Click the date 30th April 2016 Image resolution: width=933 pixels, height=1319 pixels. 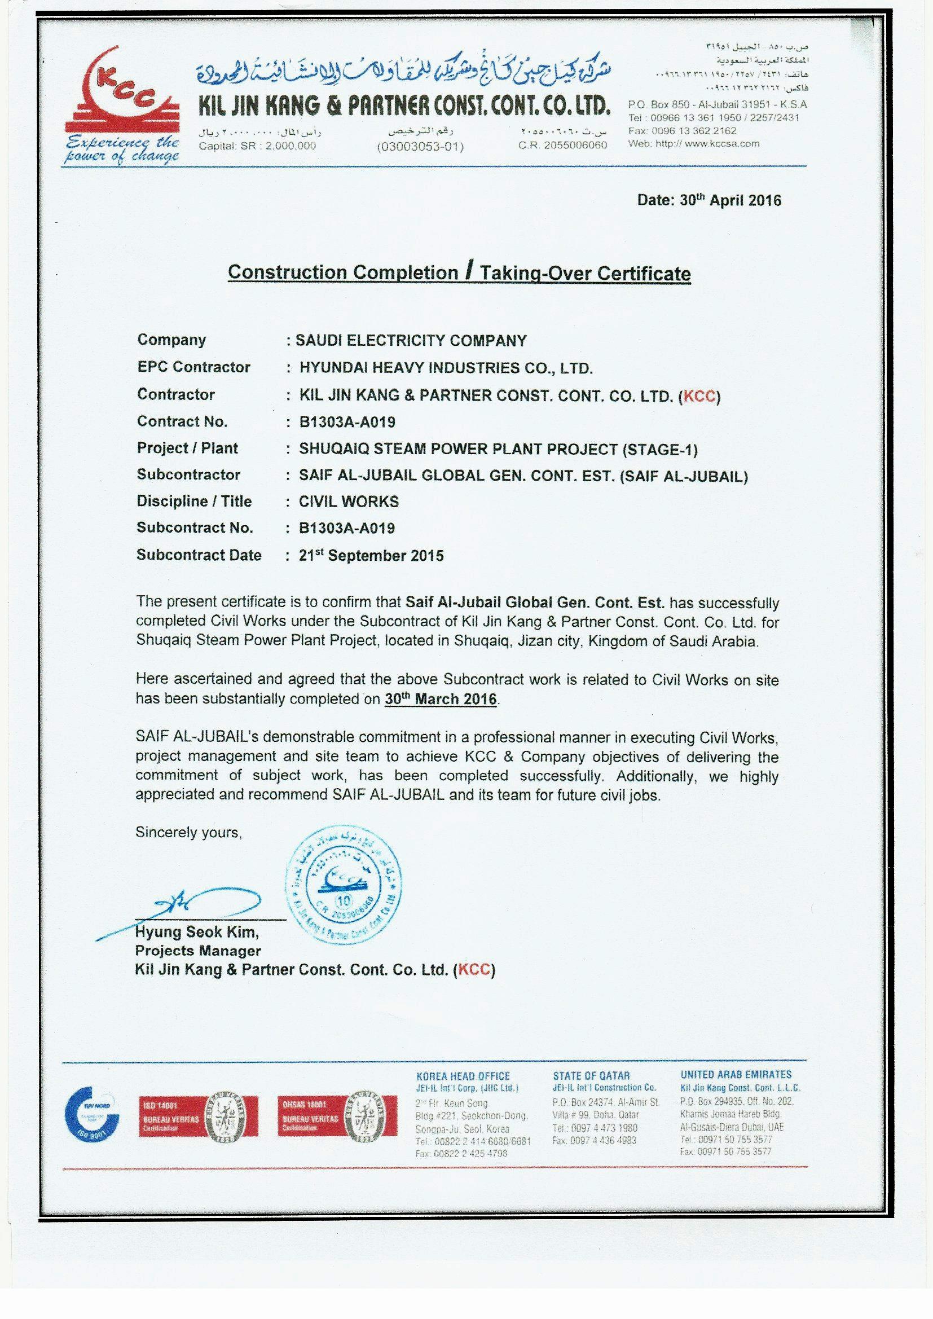tap(709, 200)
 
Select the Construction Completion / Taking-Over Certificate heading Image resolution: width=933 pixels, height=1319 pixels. tap(459, 272)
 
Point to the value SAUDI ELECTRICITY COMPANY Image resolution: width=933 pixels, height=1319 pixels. tap(411, 341)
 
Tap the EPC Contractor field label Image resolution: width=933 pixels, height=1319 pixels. tap(193, 367)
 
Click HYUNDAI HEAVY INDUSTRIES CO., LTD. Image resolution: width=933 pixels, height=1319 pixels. tap(446, 368)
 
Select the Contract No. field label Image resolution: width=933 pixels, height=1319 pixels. tap(182, 421)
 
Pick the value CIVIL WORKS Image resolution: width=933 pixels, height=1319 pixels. tap(349, 502)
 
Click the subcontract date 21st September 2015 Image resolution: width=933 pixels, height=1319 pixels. tap(371, 556)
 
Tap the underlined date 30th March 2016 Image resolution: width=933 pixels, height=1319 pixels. tap(441, 699)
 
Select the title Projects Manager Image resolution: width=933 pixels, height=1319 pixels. tap(197, 950)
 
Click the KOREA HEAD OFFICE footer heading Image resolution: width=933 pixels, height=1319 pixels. tap(463, 1076)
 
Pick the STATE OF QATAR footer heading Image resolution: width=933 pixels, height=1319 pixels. tap(591, 1075)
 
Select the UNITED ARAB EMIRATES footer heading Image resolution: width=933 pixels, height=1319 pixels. tap(736, 1074)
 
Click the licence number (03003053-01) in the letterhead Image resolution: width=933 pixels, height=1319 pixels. tap(420, 146)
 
